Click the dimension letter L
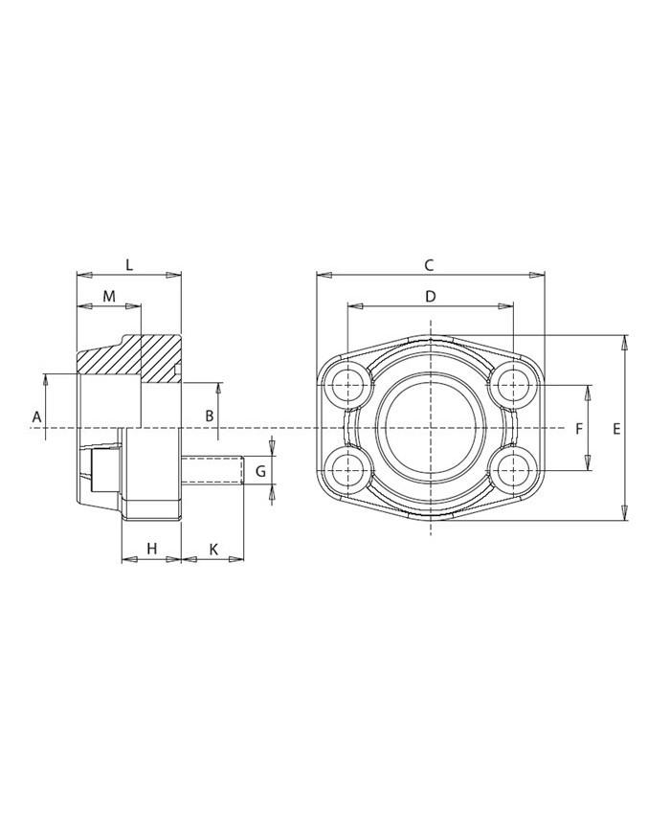pos(128,264)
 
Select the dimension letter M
pos(109,297)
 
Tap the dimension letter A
pos(36,416)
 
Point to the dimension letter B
pos(209,416)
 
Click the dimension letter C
pos(430,265)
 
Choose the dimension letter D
pos(431,297)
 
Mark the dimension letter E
pos(616,428)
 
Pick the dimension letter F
pos(579,428)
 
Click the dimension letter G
pos(260,471)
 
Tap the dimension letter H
pos(151,549)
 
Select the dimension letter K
pos(213,549)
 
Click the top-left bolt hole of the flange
pos(346,386)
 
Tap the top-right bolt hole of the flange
pos(514,386)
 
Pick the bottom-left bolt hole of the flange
pos(346,469)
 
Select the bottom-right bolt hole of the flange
pos(514,469)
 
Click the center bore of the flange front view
pos(431,427)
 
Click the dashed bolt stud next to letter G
pos(212,470)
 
